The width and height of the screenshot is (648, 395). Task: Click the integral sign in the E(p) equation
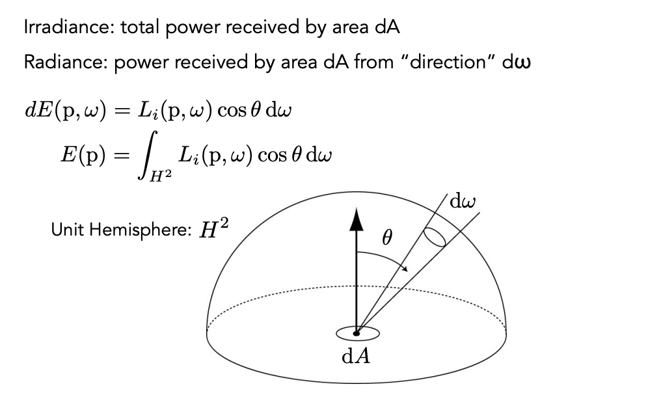(x=147, y=155)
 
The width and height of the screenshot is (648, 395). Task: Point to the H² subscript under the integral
(x=160, y=176)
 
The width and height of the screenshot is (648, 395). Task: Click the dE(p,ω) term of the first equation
(x=66, y=111)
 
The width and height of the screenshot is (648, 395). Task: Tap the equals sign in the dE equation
(x=122, y=111)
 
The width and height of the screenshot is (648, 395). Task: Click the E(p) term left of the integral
(x=83, y=155)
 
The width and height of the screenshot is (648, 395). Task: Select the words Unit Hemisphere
(x=120, y=229)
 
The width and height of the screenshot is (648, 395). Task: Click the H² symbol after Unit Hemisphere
(x=213, y=228)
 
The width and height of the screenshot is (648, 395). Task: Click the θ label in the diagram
(x=387, y=238)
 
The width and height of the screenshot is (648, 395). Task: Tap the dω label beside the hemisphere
(x=463, y=201)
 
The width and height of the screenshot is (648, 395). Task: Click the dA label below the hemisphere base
(x=356, y=356)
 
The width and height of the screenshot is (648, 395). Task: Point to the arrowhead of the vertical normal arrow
(x=357, y=219)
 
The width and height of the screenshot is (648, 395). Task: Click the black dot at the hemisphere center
(x=357, y=333)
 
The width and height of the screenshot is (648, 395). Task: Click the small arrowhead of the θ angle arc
(x=405, y=269)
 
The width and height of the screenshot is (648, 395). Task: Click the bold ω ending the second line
(x=523, y=64)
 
